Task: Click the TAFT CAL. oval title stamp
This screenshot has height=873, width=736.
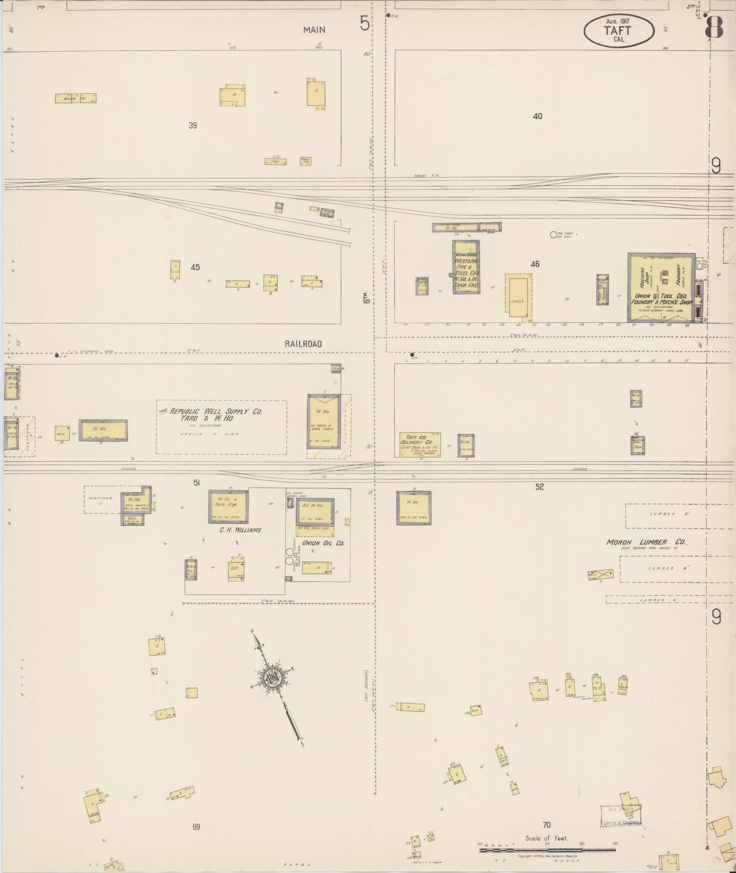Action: tap(618, 31)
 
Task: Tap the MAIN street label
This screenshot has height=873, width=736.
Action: tap(314, 30)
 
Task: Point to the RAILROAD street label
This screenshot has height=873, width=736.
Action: tap(303, 344)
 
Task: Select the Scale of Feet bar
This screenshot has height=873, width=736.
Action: tap(547, 850)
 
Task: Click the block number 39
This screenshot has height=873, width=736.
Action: tap(193, 125)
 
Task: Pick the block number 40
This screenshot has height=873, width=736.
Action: tap(538, 116)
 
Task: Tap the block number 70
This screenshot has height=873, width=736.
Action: tap(547, 825)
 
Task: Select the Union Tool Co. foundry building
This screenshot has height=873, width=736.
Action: tap(661, 288)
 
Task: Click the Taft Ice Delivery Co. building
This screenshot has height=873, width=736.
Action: tap(420, 445)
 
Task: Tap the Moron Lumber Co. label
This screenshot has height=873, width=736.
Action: tap(646, 542)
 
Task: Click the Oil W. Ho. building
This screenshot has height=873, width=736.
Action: tap(315, 512)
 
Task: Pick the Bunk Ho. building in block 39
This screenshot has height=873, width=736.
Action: tap(75, 98)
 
